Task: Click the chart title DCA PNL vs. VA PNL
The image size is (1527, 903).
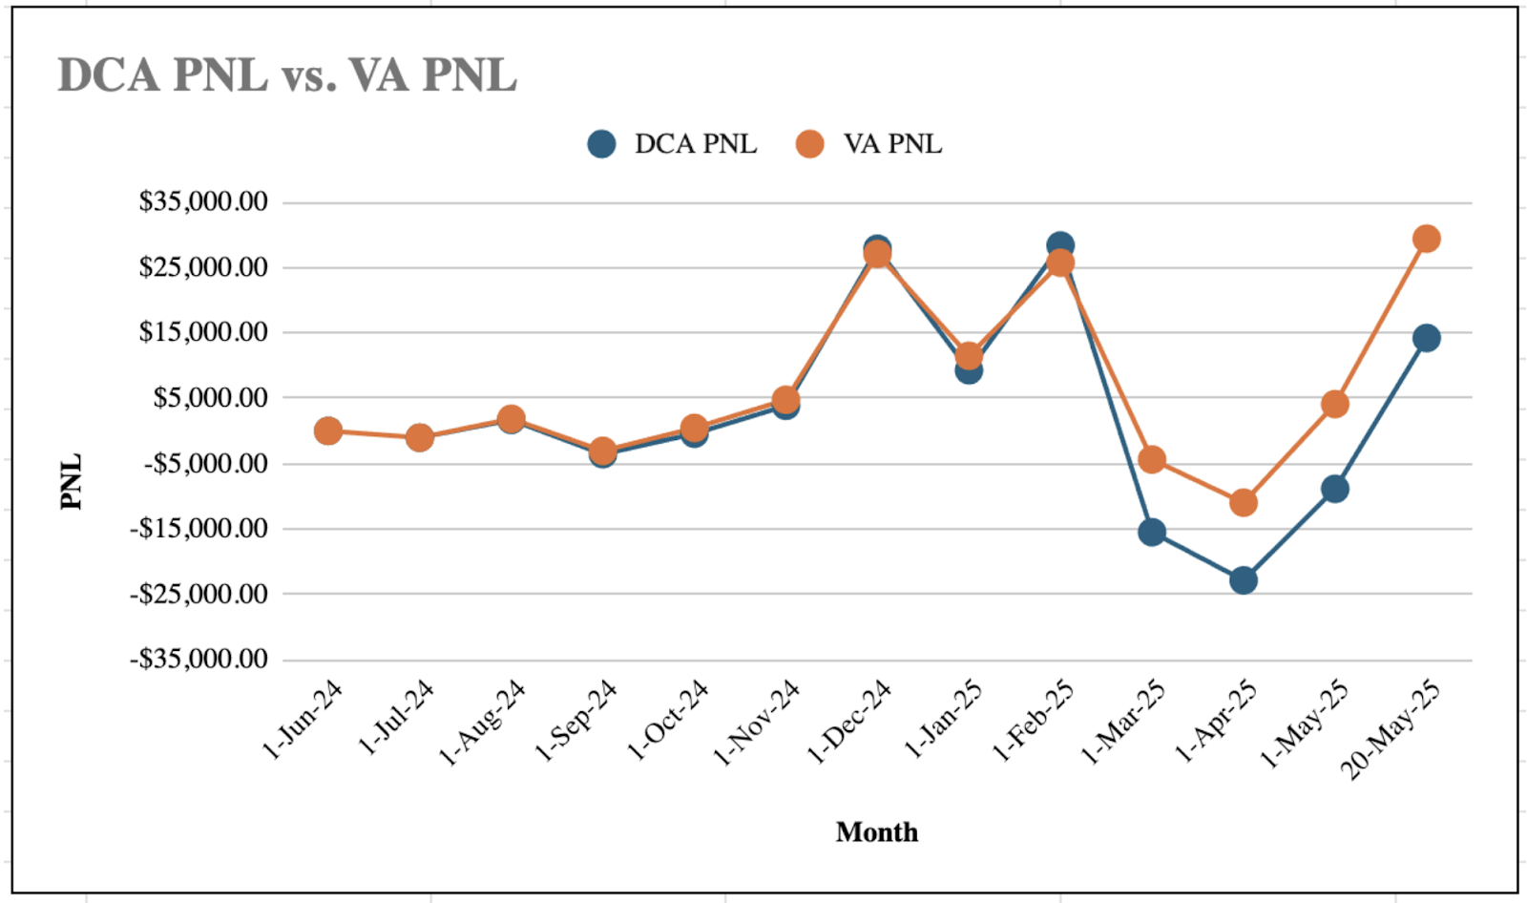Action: (x=287, y=75)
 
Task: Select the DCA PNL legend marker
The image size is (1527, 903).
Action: (x=601, y=144)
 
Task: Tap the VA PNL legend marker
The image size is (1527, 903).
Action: (x=809, y=144)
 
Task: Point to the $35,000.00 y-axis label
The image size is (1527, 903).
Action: (x=203, y=201)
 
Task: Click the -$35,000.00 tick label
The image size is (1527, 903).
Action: (x=199, y=659)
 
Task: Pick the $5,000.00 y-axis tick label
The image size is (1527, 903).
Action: (x=210, y=397)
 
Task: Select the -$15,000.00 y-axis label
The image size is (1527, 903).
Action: (x=199, y=528)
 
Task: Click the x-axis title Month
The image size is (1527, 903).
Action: (x=876, y=832)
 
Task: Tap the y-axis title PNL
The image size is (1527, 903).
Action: (x=72, y=481)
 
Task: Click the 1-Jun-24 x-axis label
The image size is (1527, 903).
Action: (x=303, y=720)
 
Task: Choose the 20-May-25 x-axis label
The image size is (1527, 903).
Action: (x=1391, y=729)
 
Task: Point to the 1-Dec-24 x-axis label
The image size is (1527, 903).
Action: (x=848, y=722)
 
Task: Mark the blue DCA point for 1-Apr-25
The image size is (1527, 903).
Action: (x=1243, y=580)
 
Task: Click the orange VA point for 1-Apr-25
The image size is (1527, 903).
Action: (x=1243, y=503)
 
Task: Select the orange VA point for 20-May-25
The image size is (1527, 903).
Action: (x=1426, y=239)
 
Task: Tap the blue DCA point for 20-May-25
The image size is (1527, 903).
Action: (x=1426, y=338)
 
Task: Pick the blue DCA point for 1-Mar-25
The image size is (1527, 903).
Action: (x=1151, y=532)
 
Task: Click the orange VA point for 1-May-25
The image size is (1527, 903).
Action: (x=1334, y=405)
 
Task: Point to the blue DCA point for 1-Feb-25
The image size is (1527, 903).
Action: (x=1059, y=243)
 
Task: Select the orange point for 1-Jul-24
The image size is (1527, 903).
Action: (x=419, y=438)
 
